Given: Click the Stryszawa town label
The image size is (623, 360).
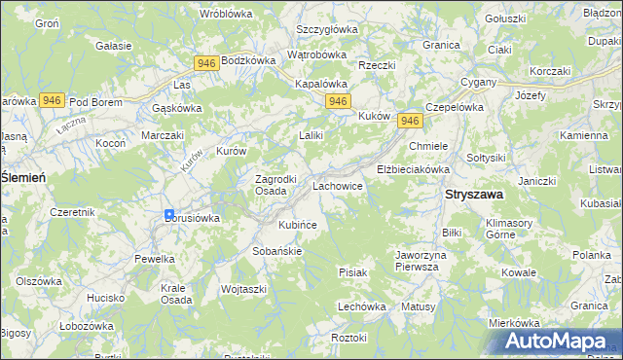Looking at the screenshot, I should click(x=474, y=194).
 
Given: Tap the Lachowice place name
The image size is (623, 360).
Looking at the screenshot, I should click(x=338, y=184).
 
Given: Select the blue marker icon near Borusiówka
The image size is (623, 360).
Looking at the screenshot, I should click(x=169, y=215).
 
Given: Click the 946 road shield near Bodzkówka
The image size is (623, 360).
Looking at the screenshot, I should click(x=205, y=63).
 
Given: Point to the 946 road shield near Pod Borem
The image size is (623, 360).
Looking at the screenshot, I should click(x=53, y=100).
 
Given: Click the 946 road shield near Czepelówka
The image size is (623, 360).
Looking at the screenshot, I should click(x=410, y=120).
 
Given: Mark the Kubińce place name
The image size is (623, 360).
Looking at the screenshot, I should click(x=298, y=225).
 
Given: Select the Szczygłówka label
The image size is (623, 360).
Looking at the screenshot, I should click(x=327, y=29).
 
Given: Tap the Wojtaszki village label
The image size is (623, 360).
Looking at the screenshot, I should click(x=243, y=289).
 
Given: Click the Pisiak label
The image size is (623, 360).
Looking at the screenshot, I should click(x=352, y=272).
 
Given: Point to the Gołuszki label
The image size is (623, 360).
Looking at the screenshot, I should click(x=505, y=18).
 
